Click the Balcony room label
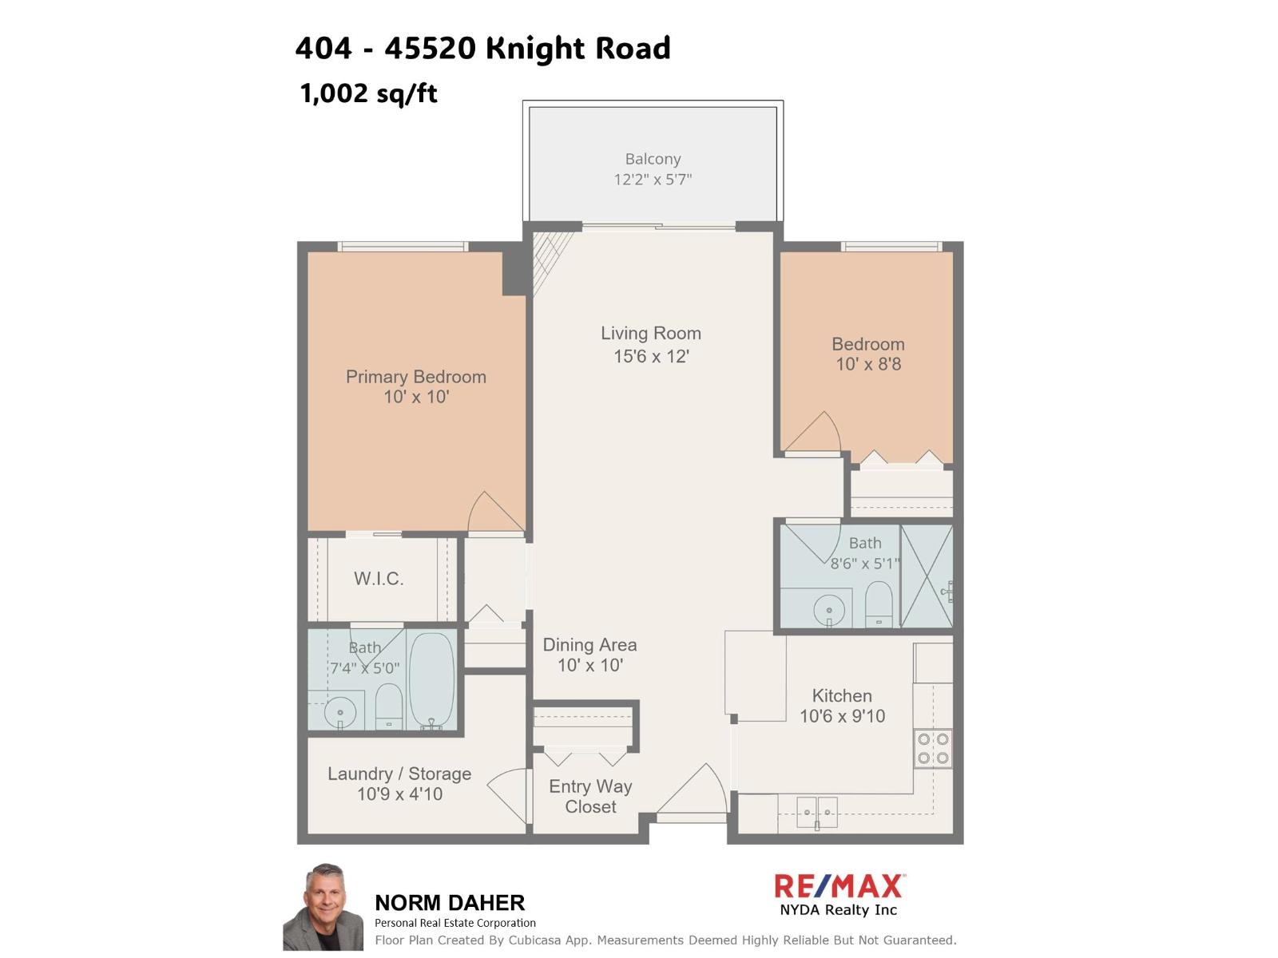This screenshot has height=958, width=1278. (x=653, y=160)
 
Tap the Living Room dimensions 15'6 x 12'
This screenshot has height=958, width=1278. (x=651, y=357)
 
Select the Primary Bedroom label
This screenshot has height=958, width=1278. (x=415, y=377)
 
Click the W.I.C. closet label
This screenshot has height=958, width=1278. (x=379, y=579)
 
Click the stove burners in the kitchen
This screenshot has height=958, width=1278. (x=933, y=749)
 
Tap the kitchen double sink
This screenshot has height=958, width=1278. (x=816, y=812)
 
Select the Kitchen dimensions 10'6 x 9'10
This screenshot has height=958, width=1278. (x=842, y=717)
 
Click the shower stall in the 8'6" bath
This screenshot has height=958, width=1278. (x=927, y=576)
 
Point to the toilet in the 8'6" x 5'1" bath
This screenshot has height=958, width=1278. (x=879, y=604)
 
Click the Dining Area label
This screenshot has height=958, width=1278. (x=589, y=645)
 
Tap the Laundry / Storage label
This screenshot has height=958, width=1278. (x=399, y=774)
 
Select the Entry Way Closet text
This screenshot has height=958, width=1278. (x=590, y=797)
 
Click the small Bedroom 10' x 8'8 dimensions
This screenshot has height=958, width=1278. (x=868, y=365)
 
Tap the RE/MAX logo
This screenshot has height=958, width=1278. (x=839, y=886)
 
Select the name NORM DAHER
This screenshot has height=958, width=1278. (x=450, y=903)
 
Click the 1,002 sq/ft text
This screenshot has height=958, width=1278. (x=368, y=93)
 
